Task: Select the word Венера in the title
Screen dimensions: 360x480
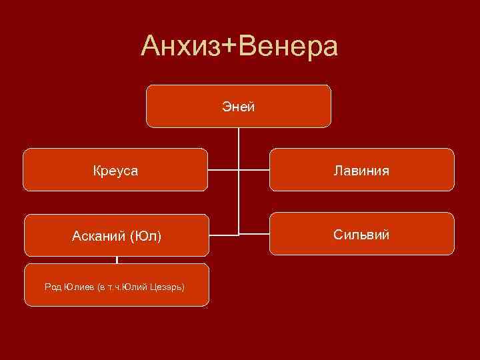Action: click(x=289, y=47)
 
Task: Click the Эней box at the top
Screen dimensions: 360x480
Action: click(x=239, y=106)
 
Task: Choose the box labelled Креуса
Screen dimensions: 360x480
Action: click(x=116, y=171)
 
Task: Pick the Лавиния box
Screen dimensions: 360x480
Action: click(x=362, y=171)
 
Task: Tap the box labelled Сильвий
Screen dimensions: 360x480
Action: click(x=362, y=235)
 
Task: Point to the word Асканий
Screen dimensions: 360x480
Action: click(x=100, y=236)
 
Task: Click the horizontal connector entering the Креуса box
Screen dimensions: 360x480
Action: click(x=223, y=170)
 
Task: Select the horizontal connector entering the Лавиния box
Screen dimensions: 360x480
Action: click(x=254, y=170)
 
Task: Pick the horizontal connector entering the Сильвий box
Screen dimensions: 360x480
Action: click(x=254, y=234)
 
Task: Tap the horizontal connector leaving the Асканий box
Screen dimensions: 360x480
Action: click(x=223, y=235)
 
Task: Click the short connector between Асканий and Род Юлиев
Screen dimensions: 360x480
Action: click(x=117, y=260)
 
